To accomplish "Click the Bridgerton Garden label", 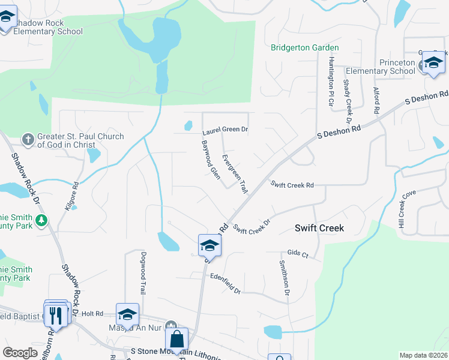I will point(304,47).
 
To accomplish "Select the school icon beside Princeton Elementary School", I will point(433,62).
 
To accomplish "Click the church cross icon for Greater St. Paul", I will point(28,140).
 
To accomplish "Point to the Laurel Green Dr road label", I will point(225,129).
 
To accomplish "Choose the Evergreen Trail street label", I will point(234,174).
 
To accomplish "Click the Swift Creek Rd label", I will point(292,185).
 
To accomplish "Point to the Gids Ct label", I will point(297,254).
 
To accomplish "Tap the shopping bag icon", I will point(177,339).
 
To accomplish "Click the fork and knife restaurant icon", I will point(56,314).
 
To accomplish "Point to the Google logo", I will point(20,353).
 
